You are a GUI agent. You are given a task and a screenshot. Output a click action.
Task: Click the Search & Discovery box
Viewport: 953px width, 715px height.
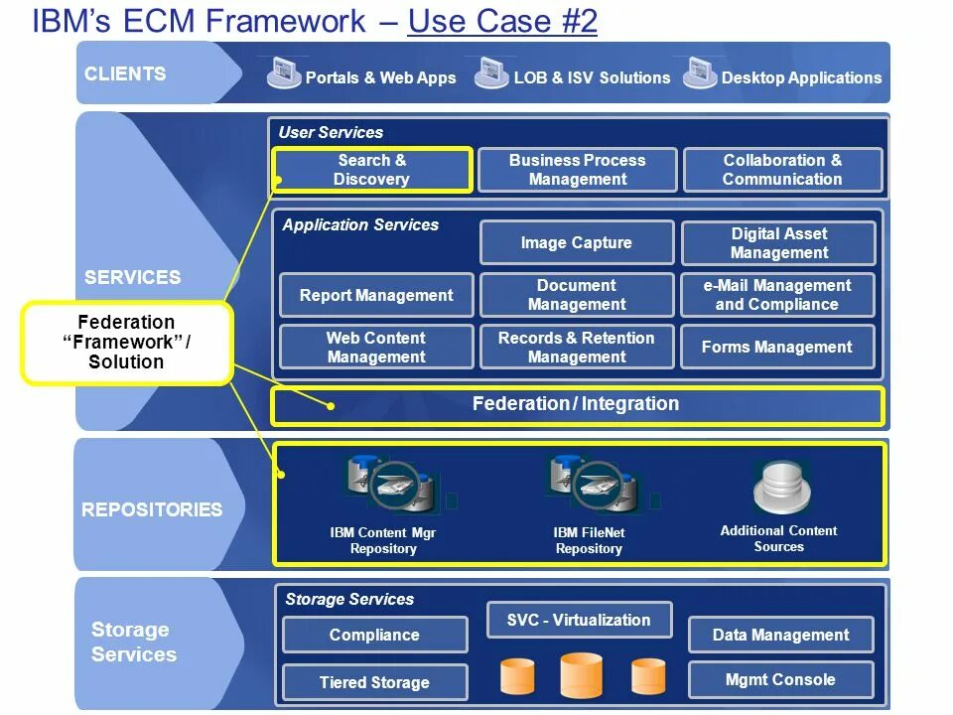coord(372,170)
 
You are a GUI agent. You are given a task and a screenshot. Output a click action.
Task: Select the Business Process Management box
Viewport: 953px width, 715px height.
coord(578,170)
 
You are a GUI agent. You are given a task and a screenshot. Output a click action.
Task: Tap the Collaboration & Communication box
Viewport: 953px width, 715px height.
coord(783,170)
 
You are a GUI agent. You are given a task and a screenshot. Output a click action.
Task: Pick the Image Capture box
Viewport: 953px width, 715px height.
coord(577,242)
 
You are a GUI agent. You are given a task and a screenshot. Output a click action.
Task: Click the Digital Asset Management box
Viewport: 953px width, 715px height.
coord(778,243)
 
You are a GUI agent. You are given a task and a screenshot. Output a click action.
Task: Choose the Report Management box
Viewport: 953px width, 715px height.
coord(376,296)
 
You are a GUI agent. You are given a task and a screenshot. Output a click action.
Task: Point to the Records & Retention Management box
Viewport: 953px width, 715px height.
coord(577,348)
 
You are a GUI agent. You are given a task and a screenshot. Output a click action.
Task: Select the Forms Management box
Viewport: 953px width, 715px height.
coord(777,348)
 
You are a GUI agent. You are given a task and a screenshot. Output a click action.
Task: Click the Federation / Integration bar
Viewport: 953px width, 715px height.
coord(578,405)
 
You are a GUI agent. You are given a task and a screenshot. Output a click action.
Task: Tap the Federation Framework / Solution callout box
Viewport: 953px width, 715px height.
coord(126,343)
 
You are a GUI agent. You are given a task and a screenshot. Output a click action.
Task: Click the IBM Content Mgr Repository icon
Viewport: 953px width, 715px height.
coord(392,485)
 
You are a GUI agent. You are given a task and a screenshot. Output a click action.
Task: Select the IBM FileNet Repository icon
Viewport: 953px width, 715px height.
coord(595,485)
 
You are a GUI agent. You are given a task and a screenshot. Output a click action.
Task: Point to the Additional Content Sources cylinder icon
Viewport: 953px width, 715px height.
coord(781,488)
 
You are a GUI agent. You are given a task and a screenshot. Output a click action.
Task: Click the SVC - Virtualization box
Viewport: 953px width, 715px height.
coord(579,620)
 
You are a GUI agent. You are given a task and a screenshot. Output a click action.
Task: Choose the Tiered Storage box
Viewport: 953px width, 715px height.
coord(375,682)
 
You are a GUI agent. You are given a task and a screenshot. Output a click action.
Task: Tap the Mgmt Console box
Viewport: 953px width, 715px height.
coord(781,679)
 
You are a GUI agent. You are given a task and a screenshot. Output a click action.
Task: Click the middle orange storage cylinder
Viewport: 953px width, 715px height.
coord(581,675)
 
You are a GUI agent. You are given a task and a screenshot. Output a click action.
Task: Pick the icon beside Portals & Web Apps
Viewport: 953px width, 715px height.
coord(284,72)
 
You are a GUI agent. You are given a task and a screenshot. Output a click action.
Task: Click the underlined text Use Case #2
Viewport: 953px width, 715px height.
coord(502,21)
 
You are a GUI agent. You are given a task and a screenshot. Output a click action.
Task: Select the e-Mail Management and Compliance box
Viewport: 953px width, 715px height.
coord(777,295)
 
